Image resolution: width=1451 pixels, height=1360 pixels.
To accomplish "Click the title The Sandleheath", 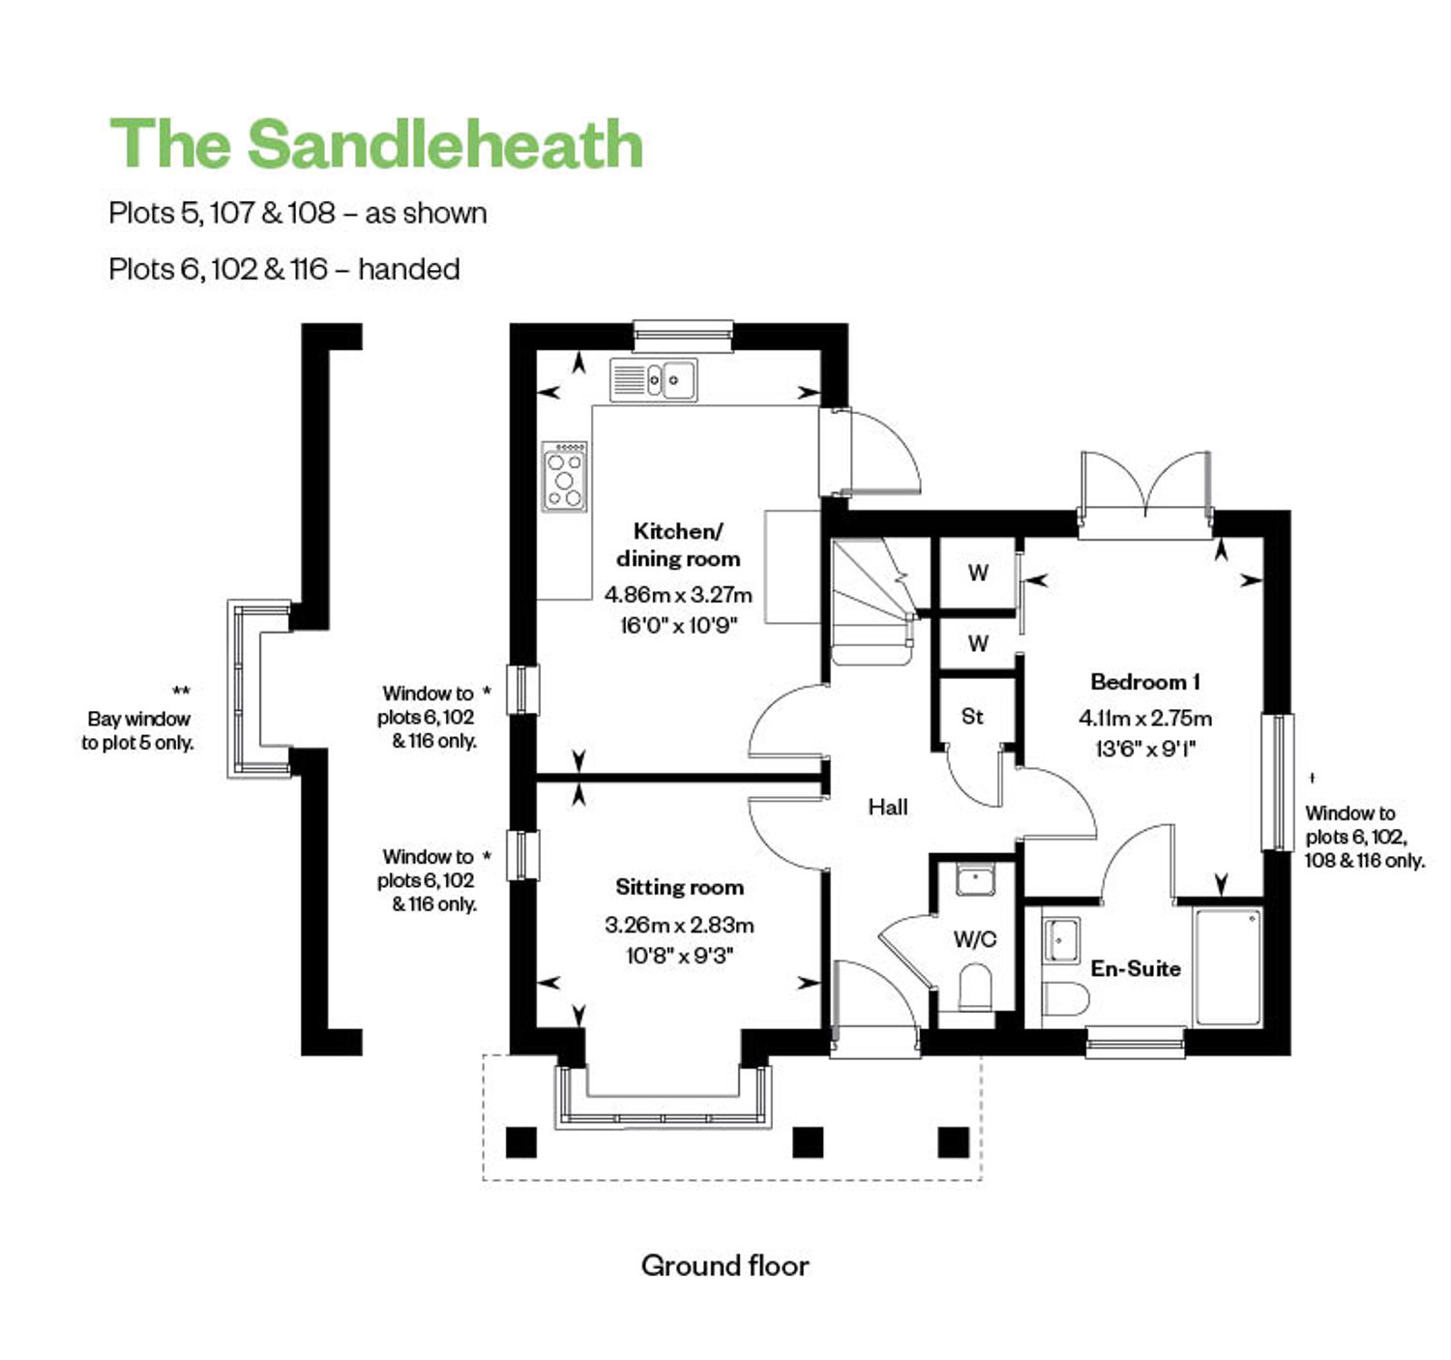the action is [x=376, y=145].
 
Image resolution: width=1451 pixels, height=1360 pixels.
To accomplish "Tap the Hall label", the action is [x=888, y=807].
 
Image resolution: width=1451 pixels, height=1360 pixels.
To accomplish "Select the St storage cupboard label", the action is [x=972, y=716].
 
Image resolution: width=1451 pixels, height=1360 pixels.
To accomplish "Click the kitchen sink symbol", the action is [x=654, y=379].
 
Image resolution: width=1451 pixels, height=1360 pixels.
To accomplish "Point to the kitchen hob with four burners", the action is [x=565, y=476].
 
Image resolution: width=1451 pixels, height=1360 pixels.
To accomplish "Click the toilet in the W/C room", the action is [x=974, y=988].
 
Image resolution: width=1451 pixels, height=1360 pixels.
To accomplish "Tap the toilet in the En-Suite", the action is [x=1064, y=998].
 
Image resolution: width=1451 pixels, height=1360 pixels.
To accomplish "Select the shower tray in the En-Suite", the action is [x=1228, y=965].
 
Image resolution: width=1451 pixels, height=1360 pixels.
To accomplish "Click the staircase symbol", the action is [x=874, y=601].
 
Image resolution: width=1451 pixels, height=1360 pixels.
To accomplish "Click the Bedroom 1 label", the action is [x=1145, y=682].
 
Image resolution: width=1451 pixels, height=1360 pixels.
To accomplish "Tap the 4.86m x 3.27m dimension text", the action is [x=678, y=595].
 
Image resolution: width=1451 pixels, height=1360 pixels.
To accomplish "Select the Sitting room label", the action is [x=679, y=887].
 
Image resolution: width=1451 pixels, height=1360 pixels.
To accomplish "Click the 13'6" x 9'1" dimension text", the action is [x=1145, y=749].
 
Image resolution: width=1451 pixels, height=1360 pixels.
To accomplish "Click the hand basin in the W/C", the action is [x=975, y=880].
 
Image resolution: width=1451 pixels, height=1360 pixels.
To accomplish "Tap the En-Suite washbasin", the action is [x=1061, y=940].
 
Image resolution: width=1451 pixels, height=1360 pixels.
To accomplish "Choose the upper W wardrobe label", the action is [x=978, y=573].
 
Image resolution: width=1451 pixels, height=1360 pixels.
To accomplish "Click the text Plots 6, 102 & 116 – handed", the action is [x=284, y=269].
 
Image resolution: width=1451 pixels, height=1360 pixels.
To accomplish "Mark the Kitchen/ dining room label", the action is [x=678, y=545].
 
